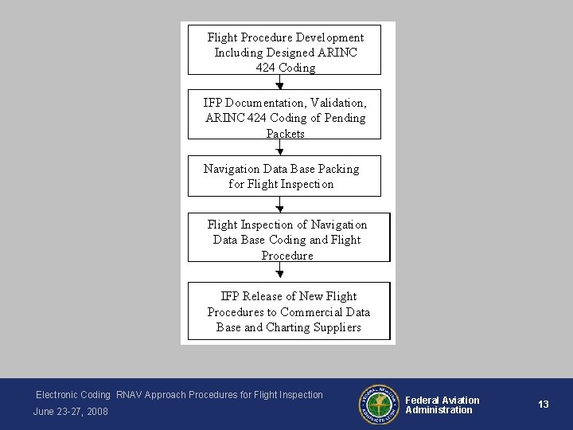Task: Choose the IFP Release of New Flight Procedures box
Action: click(x=288, y=311)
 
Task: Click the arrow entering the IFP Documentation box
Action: click(x=279, y=85)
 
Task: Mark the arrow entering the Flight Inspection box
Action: click(x=279, y=205)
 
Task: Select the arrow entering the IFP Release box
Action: click(x=279, y=273)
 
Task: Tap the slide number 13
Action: click(x=544, y=405)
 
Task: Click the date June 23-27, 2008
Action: click(x=71, y=411)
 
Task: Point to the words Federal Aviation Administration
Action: click(x=442, y=405)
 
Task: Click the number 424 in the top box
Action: click(x=265, y=68)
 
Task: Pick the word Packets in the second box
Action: click(x=285, y=134)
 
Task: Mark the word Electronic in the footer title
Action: click(x=60, y=395)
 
